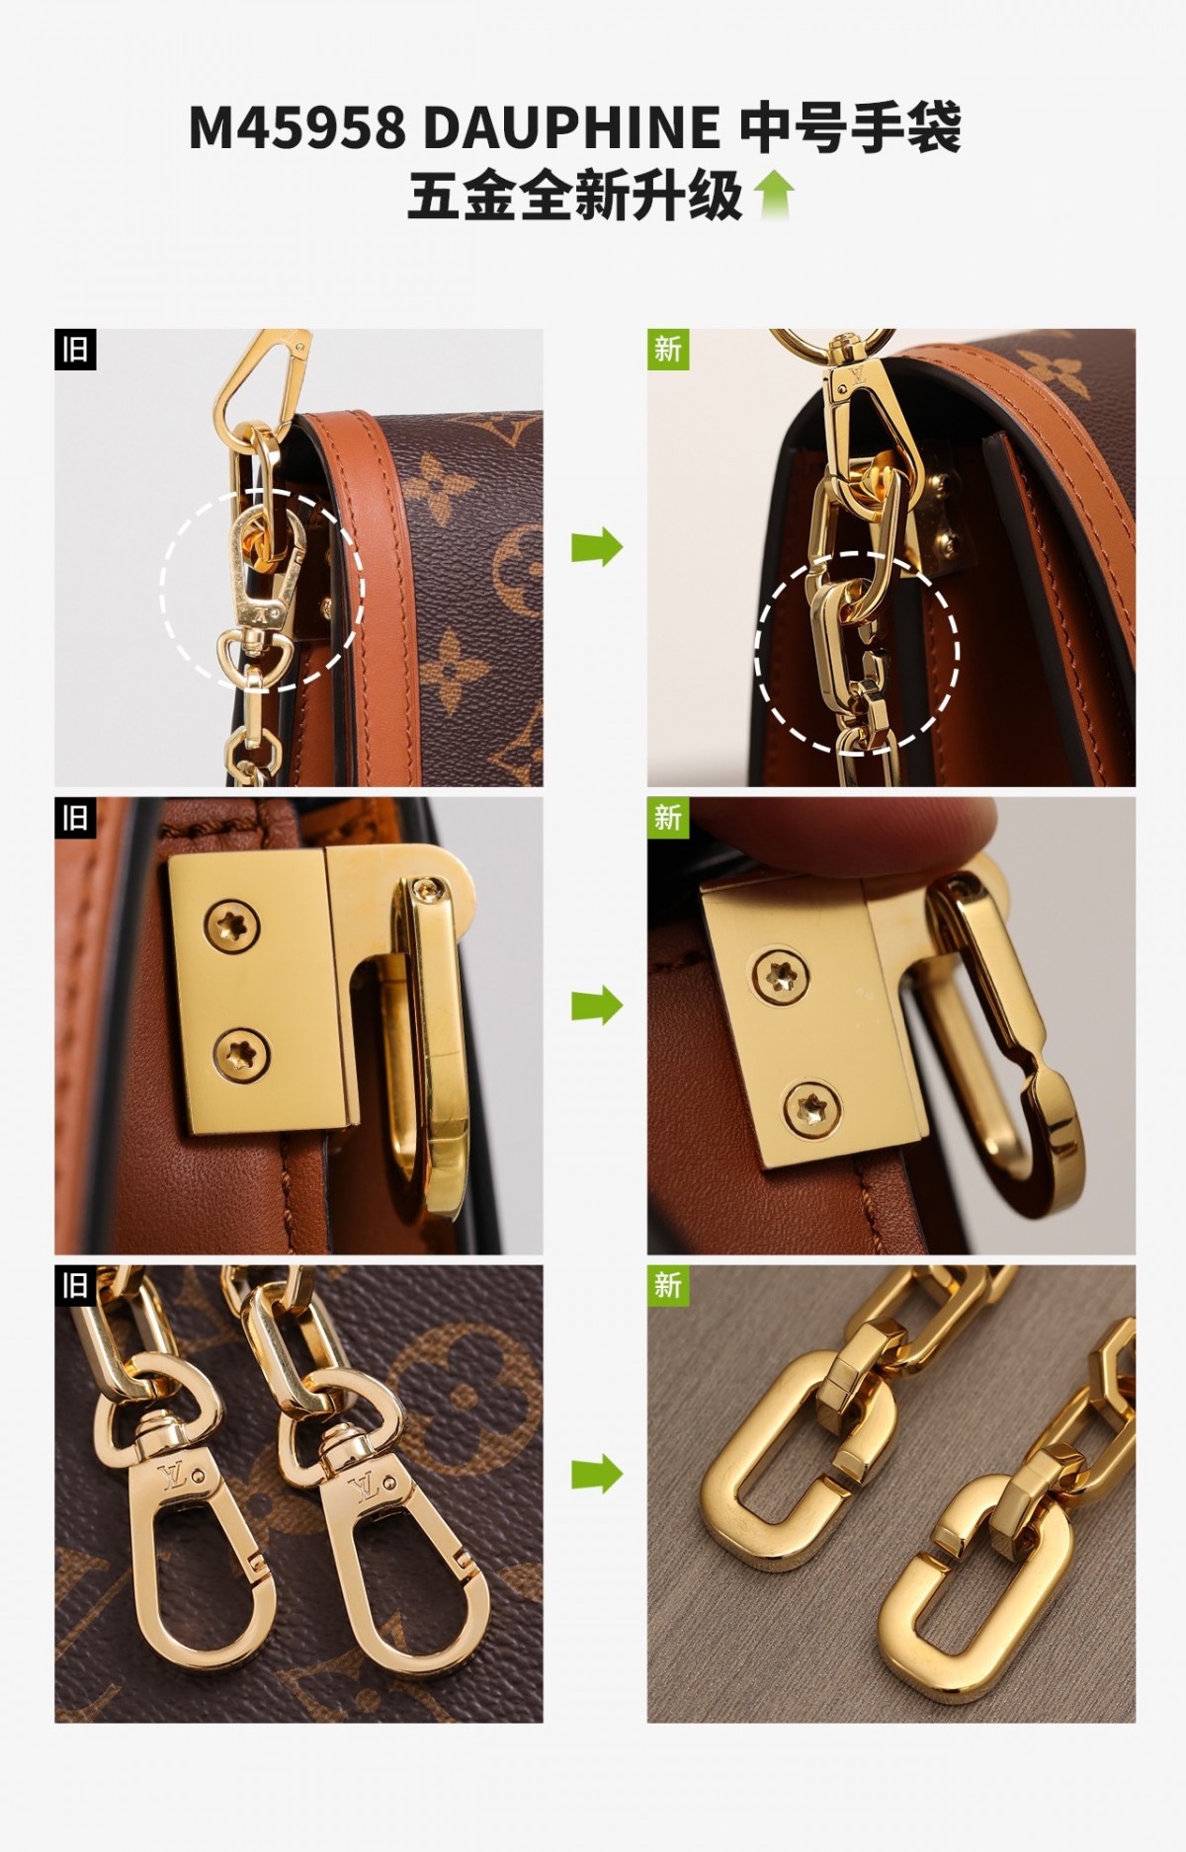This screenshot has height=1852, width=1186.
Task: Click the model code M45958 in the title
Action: pyautogui.click(x=296, y=128)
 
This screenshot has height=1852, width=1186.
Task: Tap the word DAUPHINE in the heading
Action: pyautogui.click(x=572, y=128)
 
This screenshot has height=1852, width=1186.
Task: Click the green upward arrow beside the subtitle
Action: pyautogui.click(x=774, y=194)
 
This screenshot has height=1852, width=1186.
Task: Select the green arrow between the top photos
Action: pyautogui.click(x=596, y=546)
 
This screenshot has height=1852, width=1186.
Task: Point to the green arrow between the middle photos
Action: pyautogui.click(x=596, y=1007)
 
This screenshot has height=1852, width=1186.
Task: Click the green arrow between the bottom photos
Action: pyautogui.click(x=596, y=1475)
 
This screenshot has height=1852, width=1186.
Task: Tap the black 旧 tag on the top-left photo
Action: pyautogui.click(x=75, y=350)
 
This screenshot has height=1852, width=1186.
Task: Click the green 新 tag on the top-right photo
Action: pyautogui.click(x=668, y=350)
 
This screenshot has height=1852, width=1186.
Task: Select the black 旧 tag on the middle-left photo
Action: pyautogui.click(x=75, y=818)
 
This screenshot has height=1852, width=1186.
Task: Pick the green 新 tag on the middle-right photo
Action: pyautogui.click(x=668, y=818)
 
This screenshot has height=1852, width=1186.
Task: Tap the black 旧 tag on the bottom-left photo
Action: pyautogui.click(x=75, y=1286)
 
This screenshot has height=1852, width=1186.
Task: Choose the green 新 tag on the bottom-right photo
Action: pyautogui.click(x=668, y=1286)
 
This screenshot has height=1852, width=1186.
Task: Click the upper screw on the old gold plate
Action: pyautogui.click(x=232, y=926)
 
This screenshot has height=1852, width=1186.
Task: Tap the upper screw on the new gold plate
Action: pyautogui.click(x=781, y=976)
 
